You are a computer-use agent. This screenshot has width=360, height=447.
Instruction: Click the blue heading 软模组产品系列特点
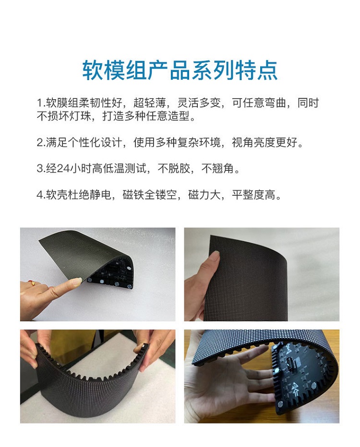180,70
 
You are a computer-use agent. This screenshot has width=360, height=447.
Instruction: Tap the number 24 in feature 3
64,168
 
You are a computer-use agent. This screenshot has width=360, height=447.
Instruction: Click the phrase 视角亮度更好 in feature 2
264,142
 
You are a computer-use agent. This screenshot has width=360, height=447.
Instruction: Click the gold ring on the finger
32,283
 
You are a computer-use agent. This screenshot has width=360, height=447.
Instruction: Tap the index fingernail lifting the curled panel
76,282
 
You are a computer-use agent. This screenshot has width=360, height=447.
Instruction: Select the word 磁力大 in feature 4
204,195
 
